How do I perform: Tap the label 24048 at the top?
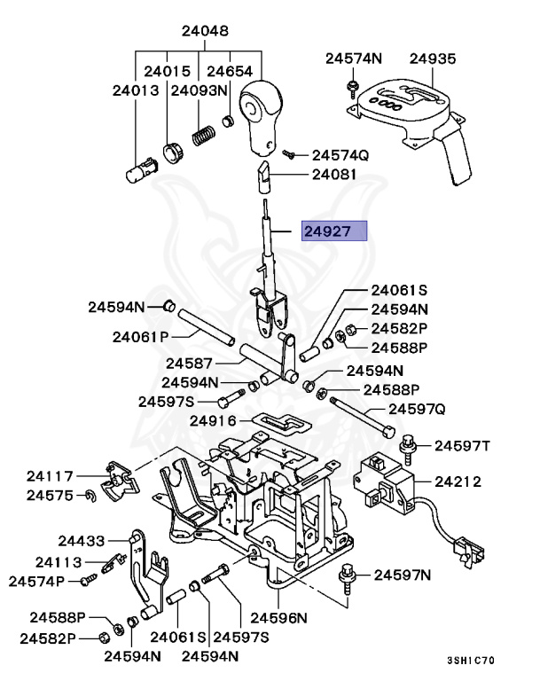click(x=205, y=31)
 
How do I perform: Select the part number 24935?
click(x=432, y=59)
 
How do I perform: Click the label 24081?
click(x=333, y=175)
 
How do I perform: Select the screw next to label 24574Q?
click(x=289, y=153)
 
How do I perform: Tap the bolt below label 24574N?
click(x=352, y=88)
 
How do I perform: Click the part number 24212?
click(x=458, y=481)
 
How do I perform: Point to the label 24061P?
click(x=140, y=336)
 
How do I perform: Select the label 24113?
click(x=59, y=562)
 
